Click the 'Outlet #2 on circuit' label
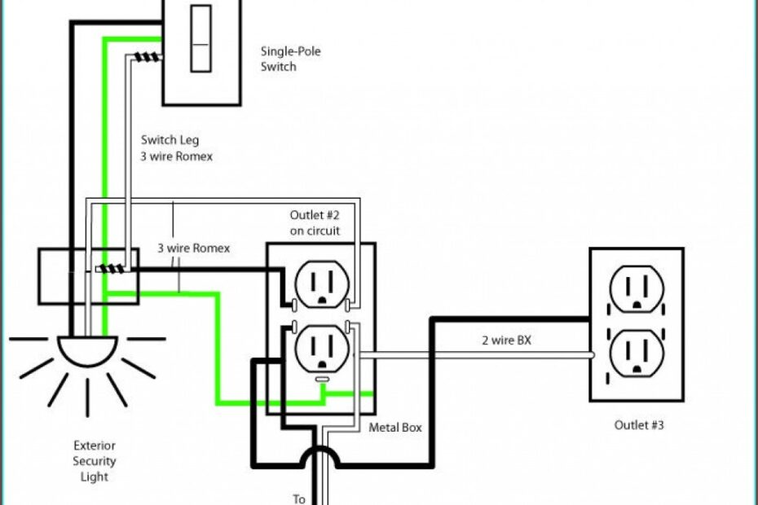click(315, 222)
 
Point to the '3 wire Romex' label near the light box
click(193, 248)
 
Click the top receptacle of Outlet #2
click(320, 283)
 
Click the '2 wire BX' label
click(506, 340)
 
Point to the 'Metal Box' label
click(395, 427)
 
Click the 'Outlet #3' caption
click(639, 424)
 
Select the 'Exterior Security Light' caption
click(95, 461)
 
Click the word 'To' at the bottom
click(299, 498)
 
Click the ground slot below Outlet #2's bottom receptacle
click(322, 380)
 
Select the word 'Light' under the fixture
click(95, 476)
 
